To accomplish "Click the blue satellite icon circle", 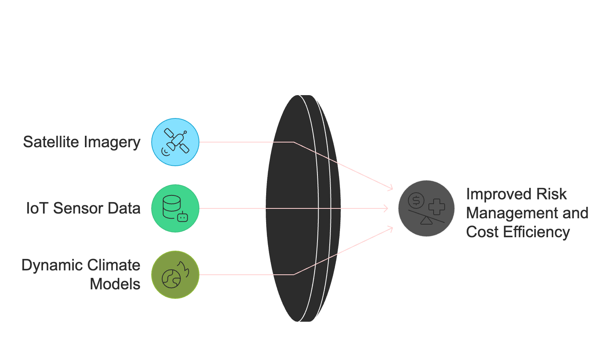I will tap(175, 142).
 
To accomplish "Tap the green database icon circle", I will tap(175, 208).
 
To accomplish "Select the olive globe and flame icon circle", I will tap(175, 275).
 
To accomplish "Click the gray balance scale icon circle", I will tap(426, 208).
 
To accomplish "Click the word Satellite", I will tap(51, 142).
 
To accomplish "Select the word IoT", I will tap(38, 208).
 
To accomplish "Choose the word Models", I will tap(115, 284).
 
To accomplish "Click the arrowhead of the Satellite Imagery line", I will tap(391, 188).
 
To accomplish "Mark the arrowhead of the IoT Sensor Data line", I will tap(387, 208).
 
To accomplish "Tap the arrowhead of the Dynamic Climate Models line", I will tap(391, 229).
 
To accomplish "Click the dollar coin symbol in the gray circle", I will tap(416, 201).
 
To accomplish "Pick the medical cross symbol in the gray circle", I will tap(436, 207).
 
